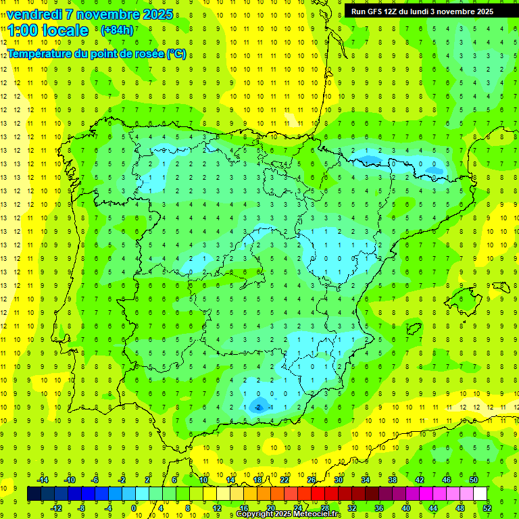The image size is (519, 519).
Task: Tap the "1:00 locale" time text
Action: [48, 30]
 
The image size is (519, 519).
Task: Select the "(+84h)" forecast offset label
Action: [117, 30]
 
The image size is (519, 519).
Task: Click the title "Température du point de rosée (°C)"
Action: [97, 53]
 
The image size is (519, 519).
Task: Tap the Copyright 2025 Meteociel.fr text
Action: [289, 514]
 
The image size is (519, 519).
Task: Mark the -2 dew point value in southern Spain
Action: [257, 407]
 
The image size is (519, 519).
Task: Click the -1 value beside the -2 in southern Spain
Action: [270, 407]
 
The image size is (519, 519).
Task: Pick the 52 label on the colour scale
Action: [487, 508]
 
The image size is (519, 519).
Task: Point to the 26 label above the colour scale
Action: [312, 479]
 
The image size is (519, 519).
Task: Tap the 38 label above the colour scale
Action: [393, 479]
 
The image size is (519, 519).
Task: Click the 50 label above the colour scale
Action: [474, 479]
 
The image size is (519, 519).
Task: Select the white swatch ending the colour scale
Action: [480, 493]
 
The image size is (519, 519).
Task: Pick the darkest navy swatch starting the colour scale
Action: [34, 493]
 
